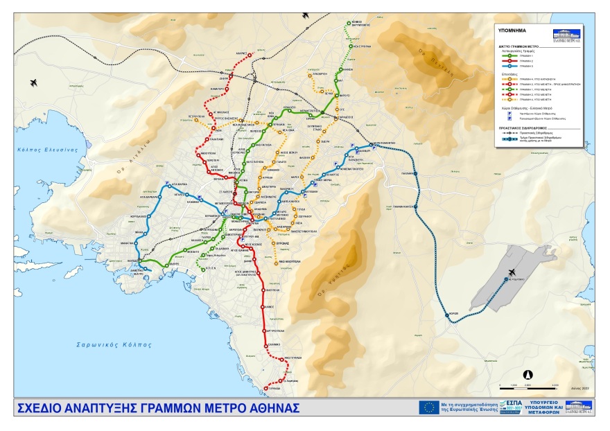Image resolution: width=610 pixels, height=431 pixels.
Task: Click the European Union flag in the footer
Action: click(x=428, y=407)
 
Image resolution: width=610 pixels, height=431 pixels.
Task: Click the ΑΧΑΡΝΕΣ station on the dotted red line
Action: click(x=250, y=53)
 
